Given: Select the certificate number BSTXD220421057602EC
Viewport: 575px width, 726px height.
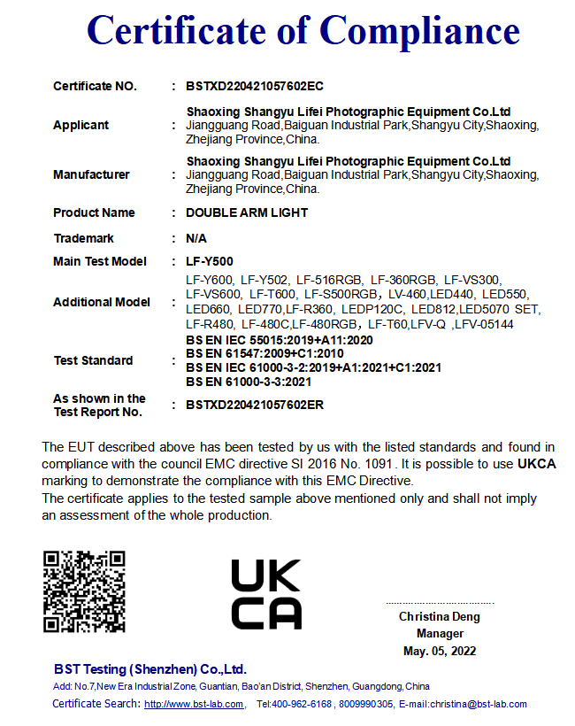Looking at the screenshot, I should (255, 86).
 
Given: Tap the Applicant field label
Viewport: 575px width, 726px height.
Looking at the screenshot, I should (81, 125).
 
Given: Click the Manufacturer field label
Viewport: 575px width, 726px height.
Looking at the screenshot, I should (91, 174).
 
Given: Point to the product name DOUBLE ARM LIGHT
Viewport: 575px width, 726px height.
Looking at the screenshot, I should (247, 212).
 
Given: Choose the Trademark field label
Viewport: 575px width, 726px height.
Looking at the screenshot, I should (83, 238).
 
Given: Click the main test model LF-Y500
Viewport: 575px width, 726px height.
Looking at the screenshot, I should (210, 261).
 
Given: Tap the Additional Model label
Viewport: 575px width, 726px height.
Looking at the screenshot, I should (102, 302).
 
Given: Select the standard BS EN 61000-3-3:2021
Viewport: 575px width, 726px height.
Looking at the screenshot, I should (249, 382).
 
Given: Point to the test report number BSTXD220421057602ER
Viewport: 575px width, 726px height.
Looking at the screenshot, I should (256, 405).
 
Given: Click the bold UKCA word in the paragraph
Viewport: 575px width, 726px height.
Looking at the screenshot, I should (537, 464).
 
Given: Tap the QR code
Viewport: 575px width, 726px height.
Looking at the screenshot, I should (84, 591).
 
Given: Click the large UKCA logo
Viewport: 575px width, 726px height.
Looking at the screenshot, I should (266, 593).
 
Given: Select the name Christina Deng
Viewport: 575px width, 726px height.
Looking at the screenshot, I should (440, 616).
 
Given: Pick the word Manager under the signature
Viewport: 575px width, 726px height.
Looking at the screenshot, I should (440, 633).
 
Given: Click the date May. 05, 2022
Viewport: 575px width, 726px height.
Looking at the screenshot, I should (440, 651).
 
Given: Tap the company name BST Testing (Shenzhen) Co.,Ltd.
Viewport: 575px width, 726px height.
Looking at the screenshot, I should (150, 669).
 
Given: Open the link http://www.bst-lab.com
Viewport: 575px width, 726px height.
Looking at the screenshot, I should (194, 704).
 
